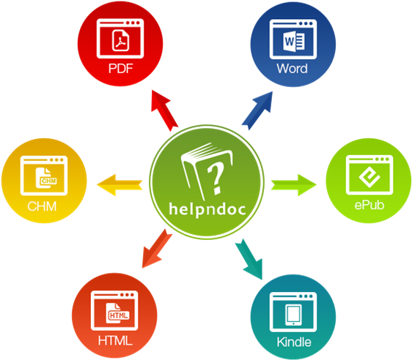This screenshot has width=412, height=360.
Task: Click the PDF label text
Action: pyautogui.click(x=121, y=69)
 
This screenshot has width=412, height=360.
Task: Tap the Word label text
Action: pyautogui.click(x=292, y=69)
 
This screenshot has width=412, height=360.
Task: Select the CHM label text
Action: pyautogui.click(x=42, y=206)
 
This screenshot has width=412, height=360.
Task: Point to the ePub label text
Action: pyautogui.click(x=369, y=205)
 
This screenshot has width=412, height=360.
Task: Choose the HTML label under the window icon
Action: pyautogui.click(x=115, y=340)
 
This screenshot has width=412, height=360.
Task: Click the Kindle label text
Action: pyautogui.click(x=294, y=342)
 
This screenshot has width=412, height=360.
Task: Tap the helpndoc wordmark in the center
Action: pyautogui.click(x=207, y=209)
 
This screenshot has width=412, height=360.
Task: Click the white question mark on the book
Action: pyautogui.click(x=216, y=178)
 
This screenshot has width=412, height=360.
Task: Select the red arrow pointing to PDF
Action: pyautogui.click(x=164, y=110)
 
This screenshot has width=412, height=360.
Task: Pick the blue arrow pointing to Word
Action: pyautogui.click(x=257, y=110)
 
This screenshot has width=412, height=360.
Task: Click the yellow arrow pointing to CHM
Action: pyautogui.click(x=119, y=185)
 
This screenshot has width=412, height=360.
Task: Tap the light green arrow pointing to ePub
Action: pyautogui.click(x=294, y=185)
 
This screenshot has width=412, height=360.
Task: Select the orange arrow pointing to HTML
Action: pyautogui.click(x=157, y=249)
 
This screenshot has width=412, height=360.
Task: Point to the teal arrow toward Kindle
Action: pyautogui.click(x=249, y=259)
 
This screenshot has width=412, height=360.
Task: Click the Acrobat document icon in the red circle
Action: pyautogui.click(x=121, y=40)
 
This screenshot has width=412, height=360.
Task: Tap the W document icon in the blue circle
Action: pyautogui.click(x=293, y=41)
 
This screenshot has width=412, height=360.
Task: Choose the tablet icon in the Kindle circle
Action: pyautogui.click(x=293, y=315)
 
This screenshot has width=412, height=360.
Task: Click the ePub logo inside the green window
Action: pyautogui.click(x=369, y=177)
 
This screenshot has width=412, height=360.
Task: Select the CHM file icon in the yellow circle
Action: pyautogui.click(x=46, y=178)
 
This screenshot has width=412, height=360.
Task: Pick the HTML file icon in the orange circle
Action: pyautogui.click(x=118, y=313)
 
